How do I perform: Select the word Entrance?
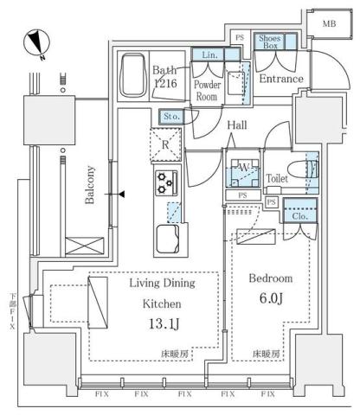pyautogui.click(x=282, y=80)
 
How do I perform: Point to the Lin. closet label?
pyautogui.click(x=209, y=54)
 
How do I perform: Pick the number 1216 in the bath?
pyautogui.click(x=166, y=84)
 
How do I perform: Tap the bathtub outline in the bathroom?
pyautogui.click(x=134, y=77)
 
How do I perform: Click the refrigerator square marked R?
pyautogui.click(x=164, y=144)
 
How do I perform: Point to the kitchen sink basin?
pyautogui.click(x=168, y=237)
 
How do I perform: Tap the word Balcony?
pyautogui.click(x=91, y=185)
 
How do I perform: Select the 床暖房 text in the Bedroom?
pyautogui.click(x=265, y=354)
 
